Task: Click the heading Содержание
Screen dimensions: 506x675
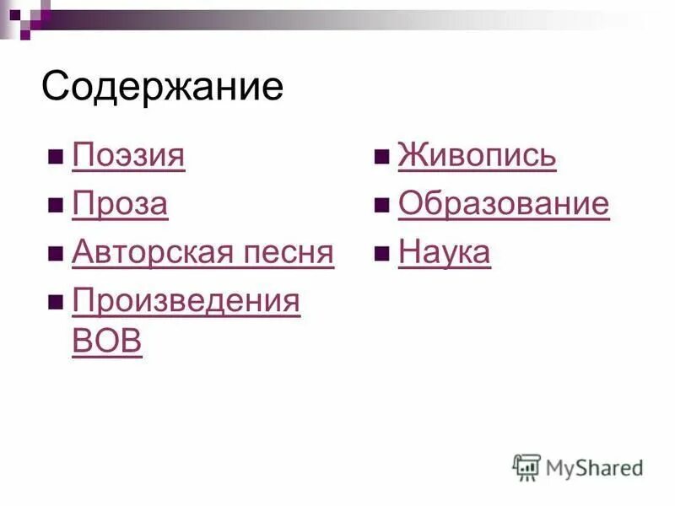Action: (x=162, y=87)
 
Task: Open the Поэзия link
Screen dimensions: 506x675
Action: (x=128, y=156)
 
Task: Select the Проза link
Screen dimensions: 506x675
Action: (x=120, y=205)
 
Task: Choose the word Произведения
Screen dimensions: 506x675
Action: (x=186, y=301)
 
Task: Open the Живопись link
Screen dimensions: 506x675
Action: (x=477, y=156)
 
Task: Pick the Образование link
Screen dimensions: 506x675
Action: (x=503, y=205)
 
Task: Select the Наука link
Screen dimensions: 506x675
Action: (x=444, y=252)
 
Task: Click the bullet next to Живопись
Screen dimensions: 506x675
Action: (x=381, y=158)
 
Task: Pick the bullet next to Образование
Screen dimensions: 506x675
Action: (x=381, y=206)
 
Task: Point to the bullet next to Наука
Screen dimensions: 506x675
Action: (x=381, y=254)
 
